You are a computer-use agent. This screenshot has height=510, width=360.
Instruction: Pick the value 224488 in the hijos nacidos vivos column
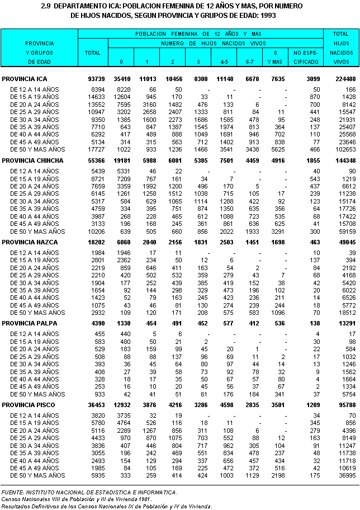click(x=344, y=78)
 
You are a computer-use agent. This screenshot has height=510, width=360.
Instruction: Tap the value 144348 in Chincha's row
click(x=344, y=160)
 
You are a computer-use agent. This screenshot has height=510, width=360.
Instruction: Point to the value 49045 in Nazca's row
click(x=346, y=242)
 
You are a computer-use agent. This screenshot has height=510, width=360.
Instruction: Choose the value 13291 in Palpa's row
click(x=346, y=324)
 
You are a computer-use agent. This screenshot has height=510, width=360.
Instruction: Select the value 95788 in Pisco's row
click(x=346, y=405)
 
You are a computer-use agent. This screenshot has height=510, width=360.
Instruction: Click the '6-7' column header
click(x=250, y=62)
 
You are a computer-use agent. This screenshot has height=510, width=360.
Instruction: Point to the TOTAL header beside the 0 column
click(x=92, y=53)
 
